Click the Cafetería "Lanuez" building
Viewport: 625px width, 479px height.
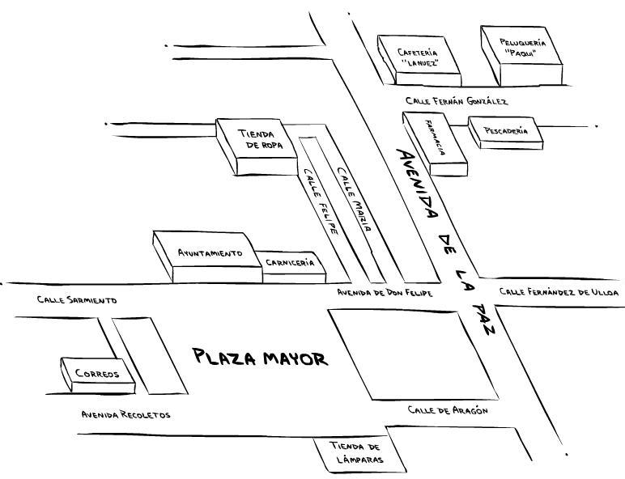[x=418, y=58]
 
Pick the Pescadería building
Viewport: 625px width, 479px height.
[x=504, y=130]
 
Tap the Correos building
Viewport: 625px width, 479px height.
[x=96, y=374]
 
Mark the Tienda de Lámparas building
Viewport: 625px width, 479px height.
[x=355, y=454]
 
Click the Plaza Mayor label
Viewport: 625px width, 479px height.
[x=259, y=358]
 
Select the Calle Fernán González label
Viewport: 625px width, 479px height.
[x=457, y=101]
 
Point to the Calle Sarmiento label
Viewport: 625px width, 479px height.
[x=77, y=300]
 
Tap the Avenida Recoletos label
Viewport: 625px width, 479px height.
[x=125, y=415]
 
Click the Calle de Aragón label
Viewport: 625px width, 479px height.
[x=447, y=411]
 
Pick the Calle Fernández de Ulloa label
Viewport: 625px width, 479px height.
[x=559, y=291]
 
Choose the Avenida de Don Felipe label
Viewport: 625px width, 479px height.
[x=385, y=292]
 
